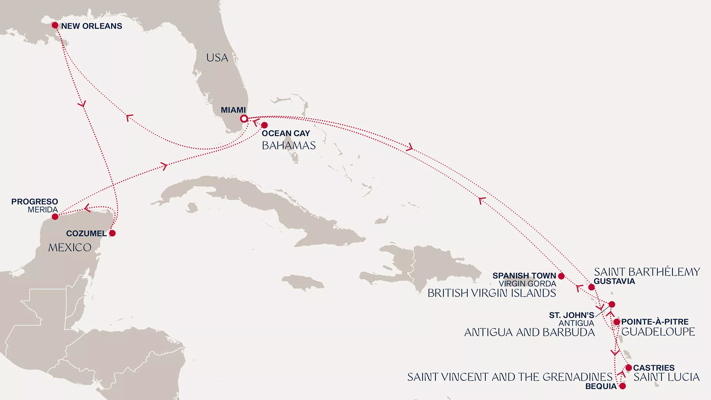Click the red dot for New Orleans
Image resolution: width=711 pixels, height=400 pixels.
click(55, 25)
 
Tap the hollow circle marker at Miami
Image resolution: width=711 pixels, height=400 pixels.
click(244, 119)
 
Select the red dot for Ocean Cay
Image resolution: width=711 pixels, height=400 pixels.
click(264, 125)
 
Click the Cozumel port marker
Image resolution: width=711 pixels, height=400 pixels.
click(112, 233)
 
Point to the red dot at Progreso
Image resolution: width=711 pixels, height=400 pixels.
click(55, 217)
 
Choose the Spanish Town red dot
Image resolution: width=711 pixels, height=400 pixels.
click(561, 276)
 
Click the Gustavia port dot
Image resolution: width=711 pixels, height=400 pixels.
click(591, 287)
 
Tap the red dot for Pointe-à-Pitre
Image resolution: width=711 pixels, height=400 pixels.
click(617, 322)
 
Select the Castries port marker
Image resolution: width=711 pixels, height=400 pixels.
click(628, 368)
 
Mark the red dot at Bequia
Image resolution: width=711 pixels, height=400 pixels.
click(622, 386)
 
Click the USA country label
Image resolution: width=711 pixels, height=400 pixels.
click(217, 58)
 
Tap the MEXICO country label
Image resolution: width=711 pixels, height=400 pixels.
click(70, 247)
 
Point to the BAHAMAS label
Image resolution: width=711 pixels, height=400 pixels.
click(288, 146)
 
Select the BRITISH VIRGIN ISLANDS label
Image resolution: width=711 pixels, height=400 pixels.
click(491, 293)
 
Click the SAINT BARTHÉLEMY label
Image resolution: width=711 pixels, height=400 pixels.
click(647, 272)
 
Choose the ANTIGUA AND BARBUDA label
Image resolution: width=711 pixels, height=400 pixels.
click(529, 332)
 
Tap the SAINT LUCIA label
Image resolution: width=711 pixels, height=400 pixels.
click(666, 377)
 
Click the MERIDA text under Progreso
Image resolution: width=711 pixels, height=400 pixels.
click(43, 210)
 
